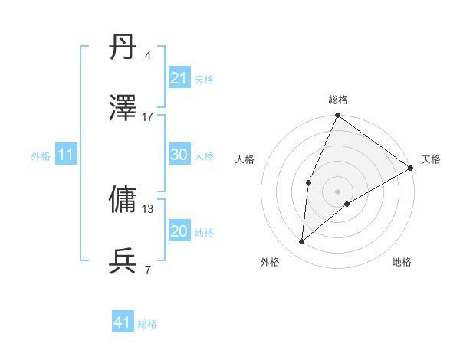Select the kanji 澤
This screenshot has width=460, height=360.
tap(123, 110)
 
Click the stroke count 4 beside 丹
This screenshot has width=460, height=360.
tap(148, 57)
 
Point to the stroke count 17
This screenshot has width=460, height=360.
tap(148, 116)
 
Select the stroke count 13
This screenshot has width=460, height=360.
tap(148, 208)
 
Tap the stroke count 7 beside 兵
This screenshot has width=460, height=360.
tap(148, 270)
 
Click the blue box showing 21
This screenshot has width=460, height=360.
tap(179, 78)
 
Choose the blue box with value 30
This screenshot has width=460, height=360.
tap(179, 155)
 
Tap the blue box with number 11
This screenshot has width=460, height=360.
tap(66, 155)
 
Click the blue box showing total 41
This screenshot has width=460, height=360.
tap(123, 322)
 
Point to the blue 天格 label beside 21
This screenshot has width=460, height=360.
tap(204, 79)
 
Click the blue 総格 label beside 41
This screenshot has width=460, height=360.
tap(147, 324)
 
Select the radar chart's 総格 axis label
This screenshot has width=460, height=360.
tap(338, 100)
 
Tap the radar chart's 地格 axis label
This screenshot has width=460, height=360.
tap(402, 263)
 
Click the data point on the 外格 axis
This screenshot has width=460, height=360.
tap(302, 242)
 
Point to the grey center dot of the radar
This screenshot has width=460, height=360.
tap(338, 191)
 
